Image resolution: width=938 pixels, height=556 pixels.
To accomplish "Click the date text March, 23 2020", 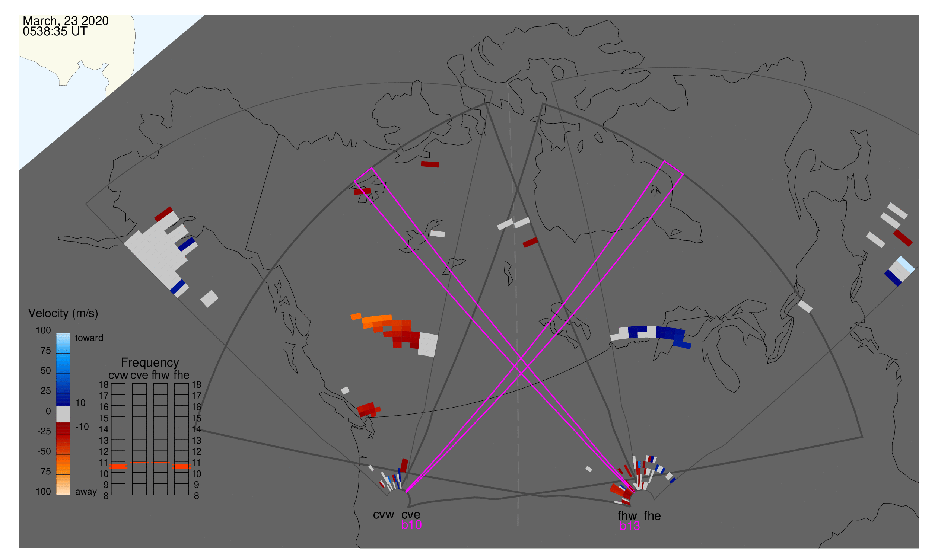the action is [x=66, y=21].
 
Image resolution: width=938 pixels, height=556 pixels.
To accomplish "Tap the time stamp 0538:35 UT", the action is [x=55, y=32].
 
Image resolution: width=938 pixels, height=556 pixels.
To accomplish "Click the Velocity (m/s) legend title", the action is [x=63, y=314].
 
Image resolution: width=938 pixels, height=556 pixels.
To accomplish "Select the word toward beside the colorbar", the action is [x=89, y=338].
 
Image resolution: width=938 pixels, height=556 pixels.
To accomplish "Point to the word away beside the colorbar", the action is [x=86, y=492].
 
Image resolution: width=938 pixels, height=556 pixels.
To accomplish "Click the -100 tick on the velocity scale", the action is [x=42, y=492].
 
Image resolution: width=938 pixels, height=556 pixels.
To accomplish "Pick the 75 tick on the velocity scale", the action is [x=46, y=351].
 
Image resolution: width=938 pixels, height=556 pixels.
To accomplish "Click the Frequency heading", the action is [x=150, y=363].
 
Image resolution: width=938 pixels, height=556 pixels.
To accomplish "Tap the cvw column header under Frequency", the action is [x=118, y=375].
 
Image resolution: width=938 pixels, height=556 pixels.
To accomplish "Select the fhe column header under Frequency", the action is [x=181, y=375].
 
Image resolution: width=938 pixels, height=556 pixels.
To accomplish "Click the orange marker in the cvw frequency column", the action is [x=118, y=466].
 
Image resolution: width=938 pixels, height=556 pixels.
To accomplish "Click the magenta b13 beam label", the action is [x=630, y=526].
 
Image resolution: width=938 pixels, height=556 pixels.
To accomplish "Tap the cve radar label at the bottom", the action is [x=411, y=515].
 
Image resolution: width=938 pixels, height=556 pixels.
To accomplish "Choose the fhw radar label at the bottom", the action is [x=627, y=516].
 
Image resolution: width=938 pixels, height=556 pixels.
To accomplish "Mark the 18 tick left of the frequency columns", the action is [x=104, y=385].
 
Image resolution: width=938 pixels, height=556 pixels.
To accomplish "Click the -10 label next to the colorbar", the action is [x=82, y=427].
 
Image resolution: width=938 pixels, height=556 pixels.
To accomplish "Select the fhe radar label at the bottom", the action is [x=652, y=516].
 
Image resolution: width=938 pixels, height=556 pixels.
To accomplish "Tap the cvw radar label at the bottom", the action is [x=384, y=515].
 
